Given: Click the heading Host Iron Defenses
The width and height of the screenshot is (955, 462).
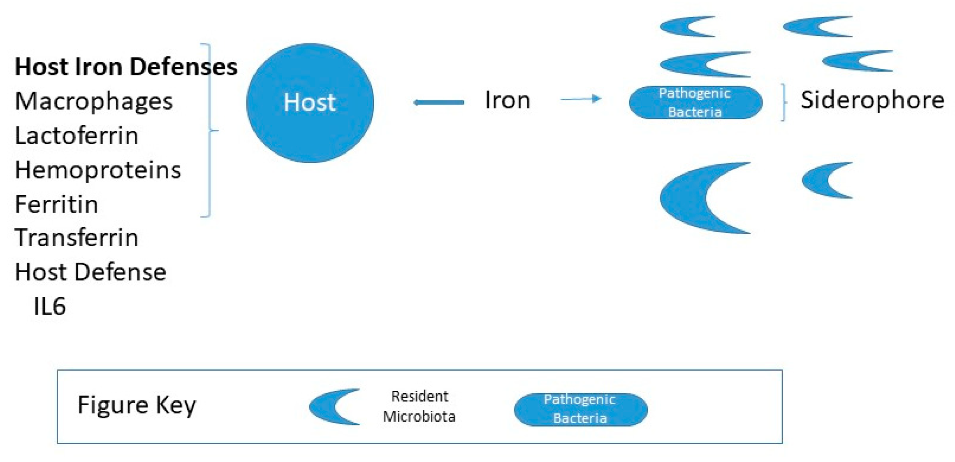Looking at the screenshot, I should pos(125,67).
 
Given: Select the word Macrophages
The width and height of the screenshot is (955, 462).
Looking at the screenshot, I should pos(94,101).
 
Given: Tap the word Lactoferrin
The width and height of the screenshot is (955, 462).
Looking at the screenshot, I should pos(76,136).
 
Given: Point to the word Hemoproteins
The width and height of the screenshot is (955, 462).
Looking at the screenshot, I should pos(98,170).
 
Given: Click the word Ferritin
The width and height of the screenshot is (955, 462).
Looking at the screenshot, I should pos(56,204).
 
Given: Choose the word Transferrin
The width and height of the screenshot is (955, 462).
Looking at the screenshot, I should pos(76,238).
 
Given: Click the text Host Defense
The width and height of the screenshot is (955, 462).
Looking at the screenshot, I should pos(90,272).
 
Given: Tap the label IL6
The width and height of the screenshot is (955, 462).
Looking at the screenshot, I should pos(49,307).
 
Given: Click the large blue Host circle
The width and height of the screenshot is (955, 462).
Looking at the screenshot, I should pos(310,103).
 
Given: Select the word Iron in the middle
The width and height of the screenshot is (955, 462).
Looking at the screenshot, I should pos(508,100).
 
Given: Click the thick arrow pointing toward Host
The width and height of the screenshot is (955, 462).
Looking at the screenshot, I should pos(438,103).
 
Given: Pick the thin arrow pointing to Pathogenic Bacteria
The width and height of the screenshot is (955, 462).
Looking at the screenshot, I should pos(580,99).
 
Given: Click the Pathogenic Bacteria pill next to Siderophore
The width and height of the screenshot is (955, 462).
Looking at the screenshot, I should pos(695,103).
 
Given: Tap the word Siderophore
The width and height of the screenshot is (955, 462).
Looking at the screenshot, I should pos(872,100).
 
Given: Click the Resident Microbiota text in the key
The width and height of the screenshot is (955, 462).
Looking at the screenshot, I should pos(419,406).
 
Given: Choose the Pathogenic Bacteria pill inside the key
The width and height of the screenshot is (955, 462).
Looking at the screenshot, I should pos(580,409).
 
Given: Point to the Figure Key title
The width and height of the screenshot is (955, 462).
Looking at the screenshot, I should pos(137,405).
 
